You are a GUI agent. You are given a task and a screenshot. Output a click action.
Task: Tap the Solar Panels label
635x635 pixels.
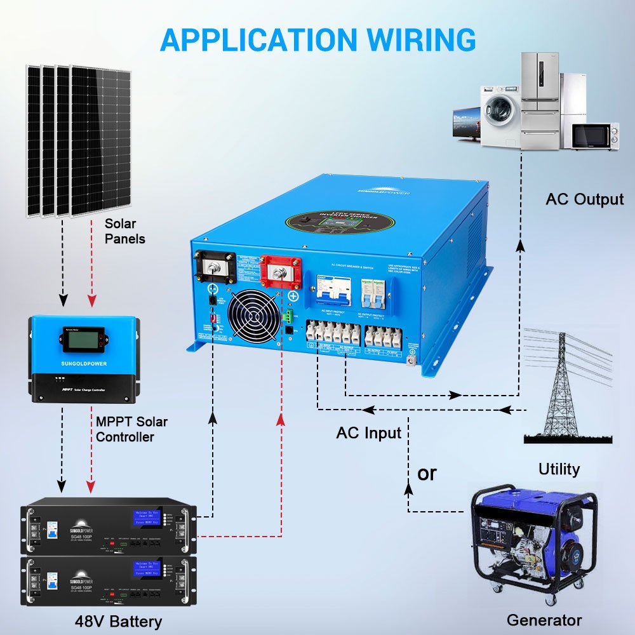pos(125,231)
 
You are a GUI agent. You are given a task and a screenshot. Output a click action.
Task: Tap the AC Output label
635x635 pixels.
pos(585,199)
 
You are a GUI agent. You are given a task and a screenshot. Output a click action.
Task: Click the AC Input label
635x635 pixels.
pos(369,433)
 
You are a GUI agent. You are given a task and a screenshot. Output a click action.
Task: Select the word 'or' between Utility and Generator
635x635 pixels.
pos(427,473)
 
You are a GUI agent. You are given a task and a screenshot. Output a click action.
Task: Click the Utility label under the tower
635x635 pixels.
pos(559,469)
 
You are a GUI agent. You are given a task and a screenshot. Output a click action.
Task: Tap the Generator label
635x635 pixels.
pos(544,620)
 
